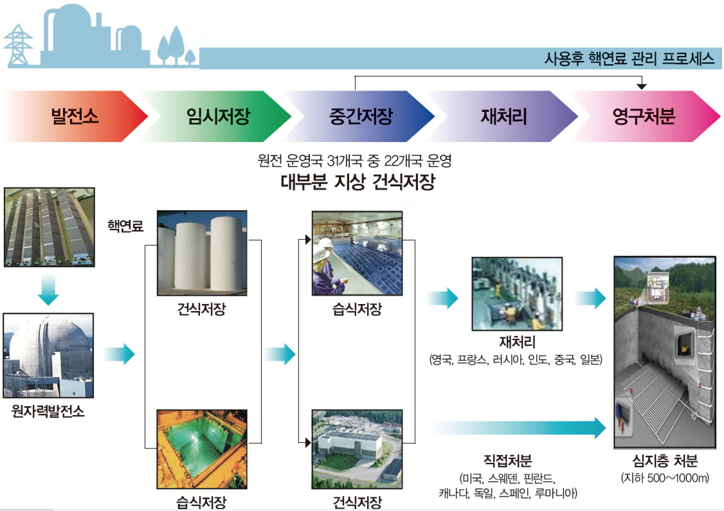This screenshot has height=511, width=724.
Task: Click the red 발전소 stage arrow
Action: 76,116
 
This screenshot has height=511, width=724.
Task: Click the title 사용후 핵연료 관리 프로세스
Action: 629,59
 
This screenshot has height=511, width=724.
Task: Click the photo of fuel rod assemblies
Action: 49,227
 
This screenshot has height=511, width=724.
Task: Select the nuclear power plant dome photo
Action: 48,355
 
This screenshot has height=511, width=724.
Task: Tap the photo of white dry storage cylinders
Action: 202,253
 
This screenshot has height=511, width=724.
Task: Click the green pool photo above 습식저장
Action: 202,449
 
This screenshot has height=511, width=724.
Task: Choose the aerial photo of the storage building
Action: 357,449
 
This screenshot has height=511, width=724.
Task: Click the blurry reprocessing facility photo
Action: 517,294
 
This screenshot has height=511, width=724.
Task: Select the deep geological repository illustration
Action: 665,352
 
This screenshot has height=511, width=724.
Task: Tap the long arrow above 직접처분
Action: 519,428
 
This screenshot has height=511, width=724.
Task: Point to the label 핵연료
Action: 125,226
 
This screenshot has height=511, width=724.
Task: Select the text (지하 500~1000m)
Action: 665,478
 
